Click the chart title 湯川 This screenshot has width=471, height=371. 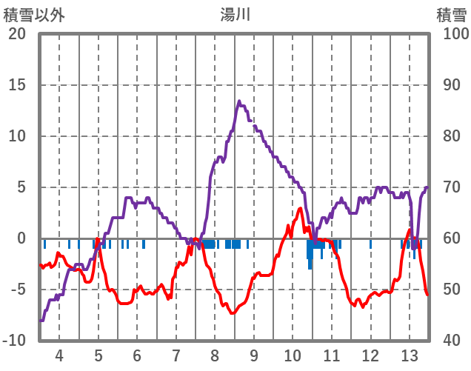click(235, 14)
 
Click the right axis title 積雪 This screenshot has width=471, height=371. click(450, 14)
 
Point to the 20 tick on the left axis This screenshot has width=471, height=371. click(17, 34)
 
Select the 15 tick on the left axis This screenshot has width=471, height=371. click(17, 85)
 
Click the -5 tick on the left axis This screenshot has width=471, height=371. click(17, 290)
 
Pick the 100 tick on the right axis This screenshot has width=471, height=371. click(452, 34)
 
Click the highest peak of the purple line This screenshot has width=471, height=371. click(239, 101)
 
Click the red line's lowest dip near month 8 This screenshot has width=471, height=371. click(233, 312)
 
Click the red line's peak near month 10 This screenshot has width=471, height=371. click(300, 209)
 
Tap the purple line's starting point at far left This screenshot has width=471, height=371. click(41, 321)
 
